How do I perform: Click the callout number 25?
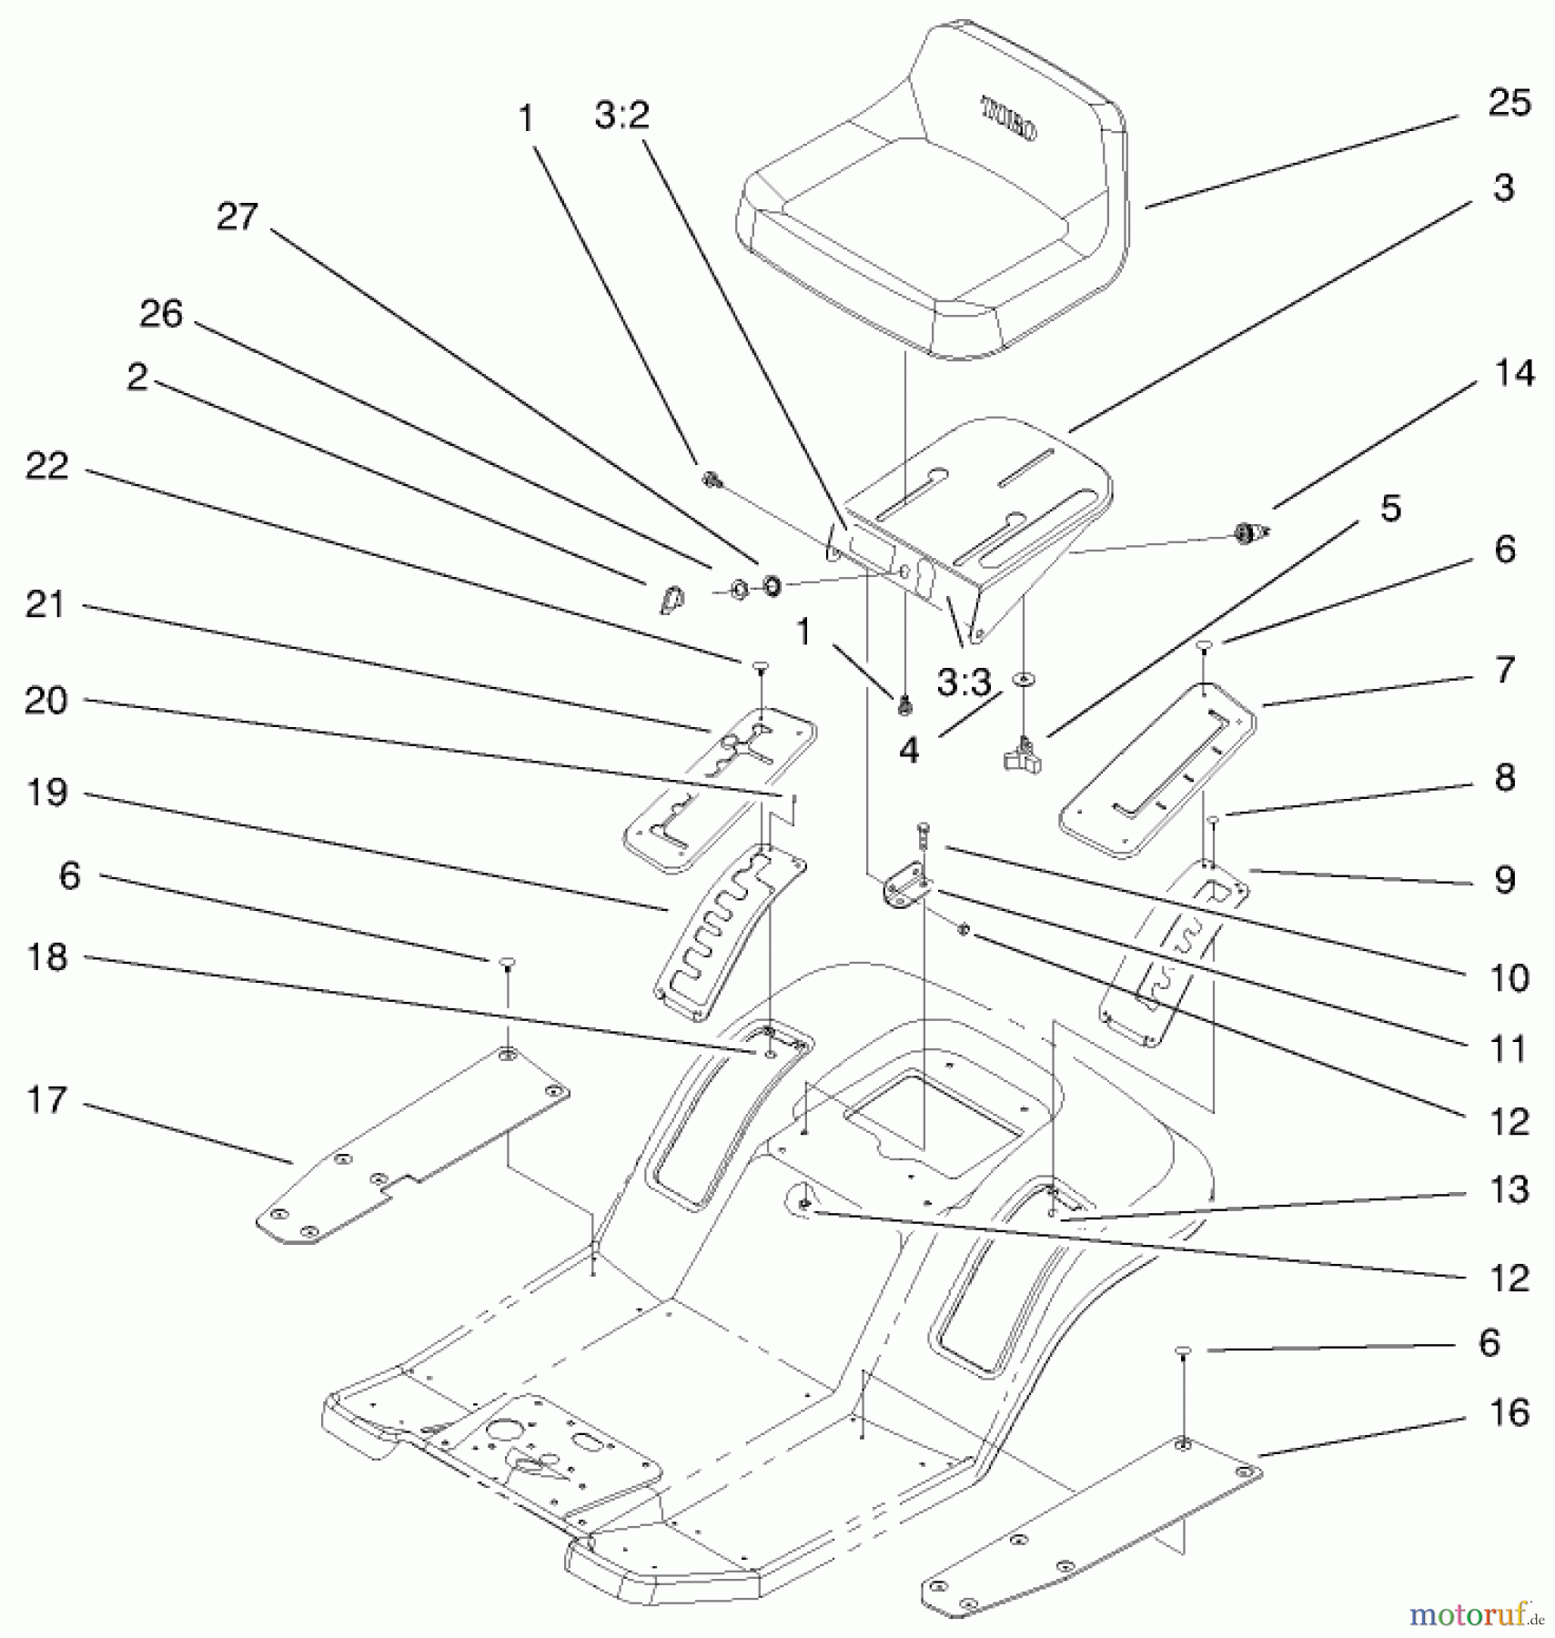coord(1509,103)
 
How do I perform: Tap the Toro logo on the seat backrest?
coord(1007,119)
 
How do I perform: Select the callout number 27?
coord(237,217)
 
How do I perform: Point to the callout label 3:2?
coord(622,116)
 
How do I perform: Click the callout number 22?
coord(47,467)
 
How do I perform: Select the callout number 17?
coord(45,1100)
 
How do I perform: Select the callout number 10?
coord(1509,979)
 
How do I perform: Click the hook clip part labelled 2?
coord(671,599)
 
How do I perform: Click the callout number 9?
coord(1505,880)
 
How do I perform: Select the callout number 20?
coord(45,701)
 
